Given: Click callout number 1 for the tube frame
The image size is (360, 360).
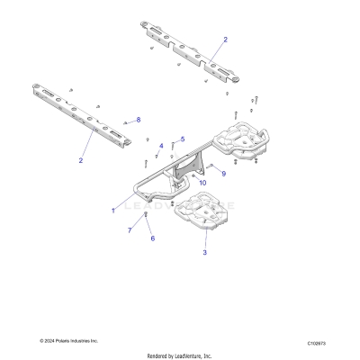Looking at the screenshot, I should pos(112,211).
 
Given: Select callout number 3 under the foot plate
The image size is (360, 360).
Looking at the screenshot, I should pos(204,254).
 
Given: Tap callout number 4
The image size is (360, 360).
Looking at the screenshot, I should pos(162,145).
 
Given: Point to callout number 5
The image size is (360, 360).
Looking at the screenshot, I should pos(183,139).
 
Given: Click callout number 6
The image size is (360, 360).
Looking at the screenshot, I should pos(152,238).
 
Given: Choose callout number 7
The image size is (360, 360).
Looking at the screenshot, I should pos(130,230).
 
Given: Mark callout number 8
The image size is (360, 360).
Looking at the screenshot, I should pos(138,120).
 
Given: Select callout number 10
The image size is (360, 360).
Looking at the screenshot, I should pos(202,183).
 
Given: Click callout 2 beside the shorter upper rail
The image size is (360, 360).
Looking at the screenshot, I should pos(225,40).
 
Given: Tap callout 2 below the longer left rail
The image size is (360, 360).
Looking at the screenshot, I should pos(81,160).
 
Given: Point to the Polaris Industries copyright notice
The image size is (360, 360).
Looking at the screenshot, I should pos(69,341).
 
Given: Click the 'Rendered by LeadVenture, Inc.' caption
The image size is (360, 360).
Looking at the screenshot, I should pos(179,355).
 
